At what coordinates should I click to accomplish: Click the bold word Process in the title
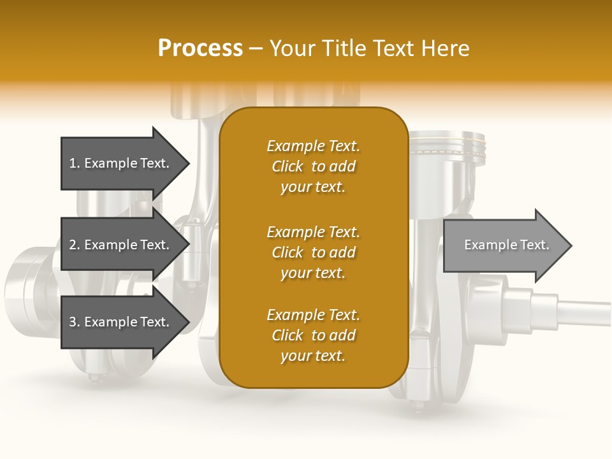point(200,48)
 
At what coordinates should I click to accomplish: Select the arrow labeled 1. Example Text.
point(121,163)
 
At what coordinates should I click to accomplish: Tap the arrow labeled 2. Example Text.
point(121,245)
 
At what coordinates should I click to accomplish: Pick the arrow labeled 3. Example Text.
point(121,322)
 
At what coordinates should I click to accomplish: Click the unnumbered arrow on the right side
point(504,245)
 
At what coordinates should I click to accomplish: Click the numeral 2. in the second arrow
point(75,245)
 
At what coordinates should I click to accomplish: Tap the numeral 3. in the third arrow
point(75,322)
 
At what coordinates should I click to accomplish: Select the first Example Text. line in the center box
point(313,146)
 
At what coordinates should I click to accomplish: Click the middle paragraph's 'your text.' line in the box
point(313,273)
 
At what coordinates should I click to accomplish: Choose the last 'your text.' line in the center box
point(313,356)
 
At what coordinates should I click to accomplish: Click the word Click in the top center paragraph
point(287,166)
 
